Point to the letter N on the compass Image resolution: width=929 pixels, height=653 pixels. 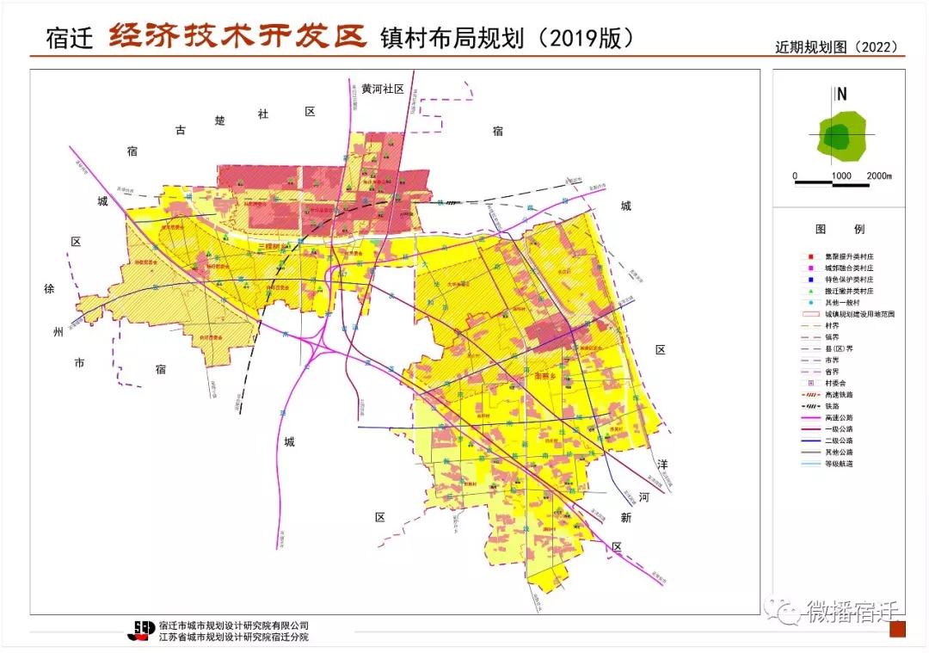842,95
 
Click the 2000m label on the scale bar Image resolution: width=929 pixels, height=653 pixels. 878,176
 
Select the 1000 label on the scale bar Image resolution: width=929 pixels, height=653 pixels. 841,176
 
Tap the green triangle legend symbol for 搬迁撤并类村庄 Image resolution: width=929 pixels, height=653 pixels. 801,293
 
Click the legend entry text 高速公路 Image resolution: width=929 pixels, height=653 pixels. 839,417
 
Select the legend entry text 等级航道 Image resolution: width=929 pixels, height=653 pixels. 839,463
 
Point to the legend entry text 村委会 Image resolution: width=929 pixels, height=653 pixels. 835,383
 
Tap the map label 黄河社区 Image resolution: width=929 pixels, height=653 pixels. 383,89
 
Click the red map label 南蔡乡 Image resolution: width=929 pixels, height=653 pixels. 547,375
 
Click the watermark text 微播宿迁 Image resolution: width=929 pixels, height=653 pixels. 852,611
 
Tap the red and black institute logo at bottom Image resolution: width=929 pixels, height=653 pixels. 142,631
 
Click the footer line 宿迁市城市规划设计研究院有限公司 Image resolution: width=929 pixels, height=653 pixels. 234,625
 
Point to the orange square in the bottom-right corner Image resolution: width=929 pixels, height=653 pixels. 897,629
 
